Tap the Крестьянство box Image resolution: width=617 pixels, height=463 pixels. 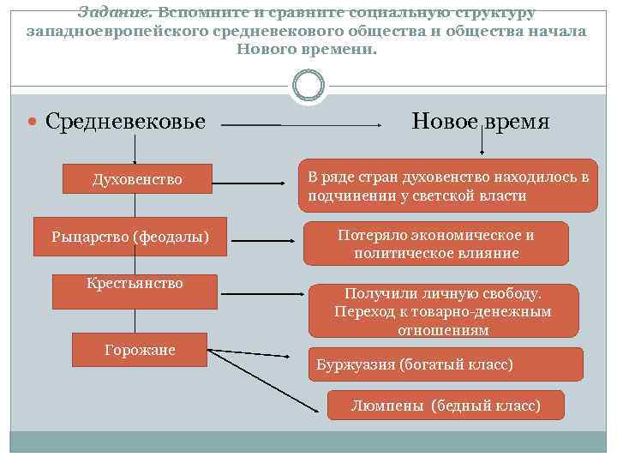[x=135, y=292]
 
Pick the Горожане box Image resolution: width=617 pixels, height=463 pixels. [x=139, y=350]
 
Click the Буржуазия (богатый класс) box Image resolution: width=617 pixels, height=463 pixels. [x=445, y=364]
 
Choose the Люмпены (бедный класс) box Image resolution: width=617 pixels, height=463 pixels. [x=446, y=406]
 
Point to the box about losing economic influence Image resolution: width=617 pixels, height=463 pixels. [x=435, y=244]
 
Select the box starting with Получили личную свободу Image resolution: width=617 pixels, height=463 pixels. [x=442, y=310]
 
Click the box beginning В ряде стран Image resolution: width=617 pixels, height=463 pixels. [x=447, y=186]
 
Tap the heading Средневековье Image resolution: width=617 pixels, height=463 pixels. [x=125, y=122]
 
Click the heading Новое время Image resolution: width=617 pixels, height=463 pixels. [x=480, y=122]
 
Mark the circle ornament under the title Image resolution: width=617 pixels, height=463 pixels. [x=308, y=85]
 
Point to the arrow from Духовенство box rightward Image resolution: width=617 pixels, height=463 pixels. [x=254, y=183]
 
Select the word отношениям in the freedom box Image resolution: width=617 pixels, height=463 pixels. [x=442, y=330]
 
